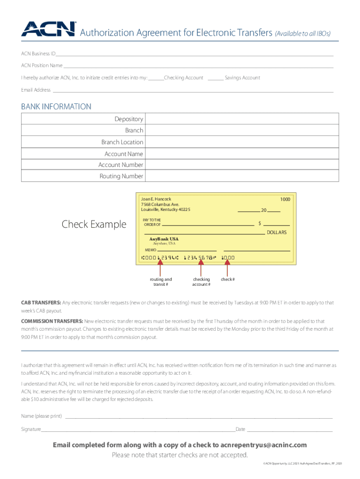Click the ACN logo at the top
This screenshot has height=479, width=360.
pyautogui.click(x=48, y=29)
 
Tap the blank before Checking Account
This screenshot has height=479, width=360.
pyautogui.click(x=156, y=78)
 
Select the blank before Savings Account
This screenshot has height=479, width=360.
pyautogui.click(x=215, y=78)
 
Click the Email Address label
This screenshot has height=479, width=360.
pyautogui.click(x=36, y=90)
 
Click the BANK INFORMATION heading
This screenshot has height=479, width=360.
pyautogui.click(x=56, y=107)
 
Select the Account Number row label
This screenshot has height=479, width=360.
pyautogui.click(x=121, y=165)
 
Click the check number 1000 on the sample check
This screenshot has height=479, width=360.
pyautogui.click(x=285, y=199)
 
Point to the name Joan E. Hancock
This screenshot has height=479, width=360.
pyautogui.click(x=156, y=199)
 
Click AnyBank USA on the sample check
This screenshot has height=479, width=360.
pyautogui.click(x=164, y=239)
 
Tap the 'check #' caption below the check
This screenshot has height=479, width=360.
pyautogui.click(x=228, y=280)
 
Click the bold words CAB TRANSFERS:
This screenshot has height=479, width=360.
pyautogui.click(x=41, y=303)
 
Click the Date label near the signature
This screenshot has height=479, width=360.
pyautogui.click(x=240, y=429)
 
